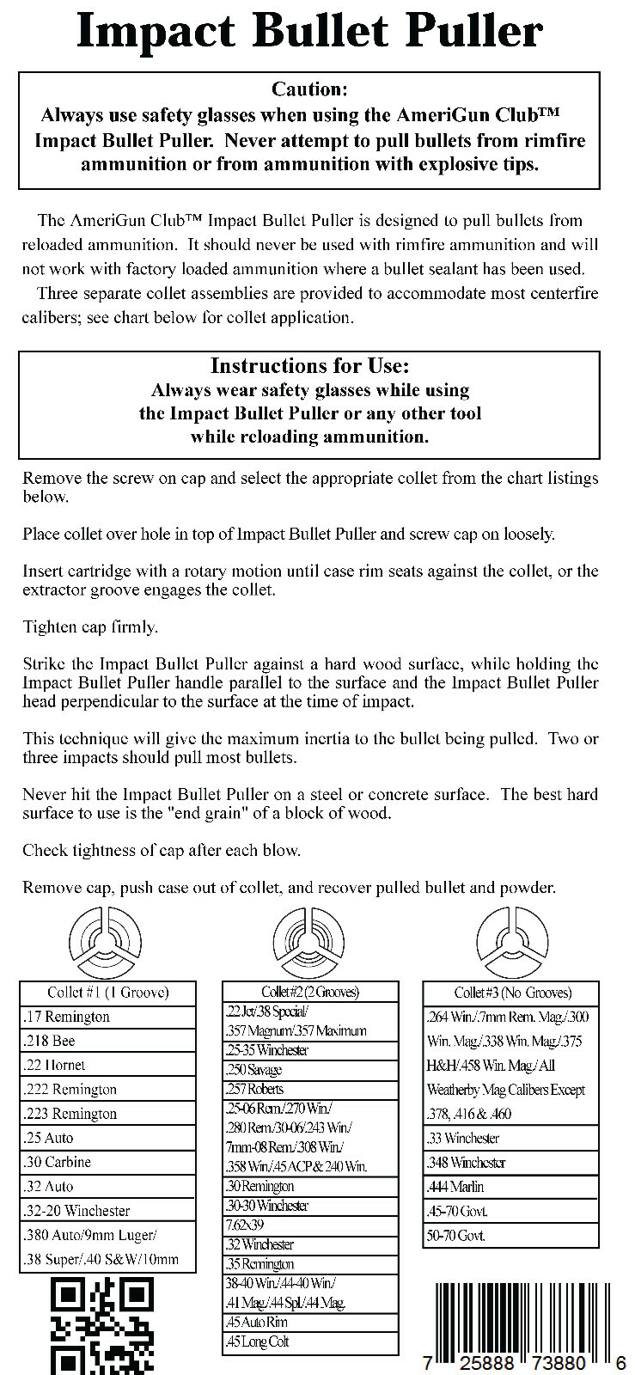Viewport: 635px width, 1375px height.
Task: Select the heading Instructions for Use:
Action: pyautogui.click(x=309, y=366)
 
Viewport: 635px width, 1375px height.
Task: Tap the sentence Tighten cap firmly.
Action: pyautogui.click(x=90, y=626)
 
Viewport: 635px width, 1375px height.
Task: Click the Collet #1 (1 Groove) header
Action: pyautogui.click(x=108, y=993)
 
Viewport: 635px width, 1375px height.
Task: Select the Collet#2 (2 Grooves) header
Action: pyautogui.click(x=310, y=992)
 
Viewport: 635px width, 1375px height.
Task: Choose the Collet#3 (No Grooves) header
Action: pyautogui.click(x=512, y=993)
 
